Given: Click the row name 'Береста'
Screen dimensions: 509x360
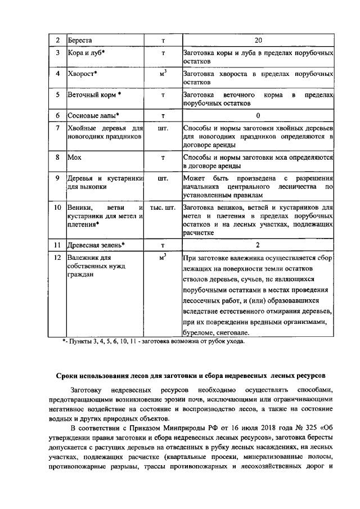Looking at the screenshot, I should tap(80, 40).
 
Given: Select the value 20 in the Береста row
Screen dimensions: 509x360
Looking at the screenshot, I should tap(258, 40).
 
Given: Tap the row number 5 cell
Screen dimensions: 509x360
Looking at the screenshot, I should tap(57, 95).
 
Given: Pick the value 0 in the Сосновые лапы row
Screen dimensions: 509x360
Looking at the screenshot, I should tap(258, 116).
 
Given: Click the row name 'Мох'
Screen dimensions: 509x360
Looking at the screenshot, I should tap(75, 157).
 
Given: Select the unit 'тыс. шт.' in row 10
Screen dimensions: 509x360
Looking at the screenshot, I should tap(163, 208).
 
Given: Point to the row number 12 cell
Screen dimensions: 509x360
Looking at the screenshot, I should tap(57, 258).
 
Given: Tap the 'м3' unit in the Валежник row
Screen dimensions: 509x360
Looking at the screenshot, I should tap(163, 258).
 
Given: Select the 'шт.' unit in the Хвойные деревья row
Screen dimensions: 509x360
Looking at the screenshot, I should tap(163, 129).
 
